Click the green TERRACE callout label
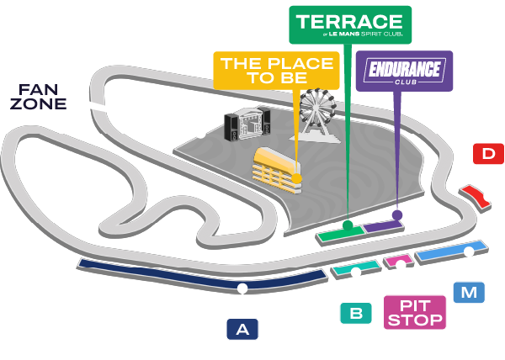pos(350,24)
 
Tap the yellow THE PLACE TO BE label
pos(276,71)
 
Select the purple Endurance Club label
pos(404,71)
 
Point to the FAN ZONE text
pos(39,97)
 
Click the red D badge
pos(488,154)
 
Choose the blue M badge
pos(469,293)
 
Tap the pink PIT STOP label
pos(415,312)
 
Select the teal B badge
pos(356,313)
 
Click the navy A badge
pos(242,329)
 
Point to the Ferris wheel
pos(316,115)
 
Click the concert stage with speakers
pos(247,124)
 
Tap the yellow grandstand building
pos(276,170)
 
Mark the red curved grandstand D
pos(475,197)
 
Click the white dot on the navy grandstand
pos(242,289)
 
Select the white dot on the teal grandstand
pos(356,273)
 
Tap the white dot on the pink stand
pos(401,265)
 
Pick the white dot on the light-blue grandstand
pos(469,251)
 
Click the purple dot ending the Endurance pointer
pos(397,214)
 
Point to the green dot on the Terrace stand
pos(348,225)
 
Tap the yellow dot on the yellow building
pos(296,178)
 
